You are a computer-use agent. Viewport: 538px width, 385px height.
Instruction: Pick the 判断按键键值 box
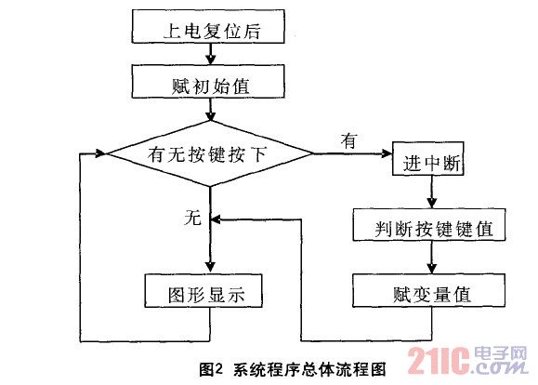pos(430,226)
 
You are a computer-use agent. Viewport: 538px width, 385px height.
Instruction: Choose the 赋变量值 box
pos(429,293)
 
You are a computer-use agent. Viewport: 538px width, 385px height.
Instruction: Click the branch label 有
pos(349,141)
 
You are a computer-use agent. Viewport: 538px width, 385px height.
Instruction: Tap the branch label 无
pos(192,219)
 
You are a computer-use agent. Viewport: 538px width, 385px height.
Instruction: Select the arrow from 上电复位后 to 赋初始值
pos(212,58)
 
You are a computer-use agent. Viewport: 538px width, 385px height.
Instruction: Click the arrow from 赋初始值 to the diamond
pos(212,113)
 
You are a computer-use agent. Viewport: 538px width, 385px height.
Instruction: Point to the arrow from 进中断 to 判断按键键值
pos(430,193)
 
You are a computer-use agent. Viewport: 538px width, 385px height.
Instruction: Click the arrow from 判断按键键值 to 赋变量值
pos(430,259)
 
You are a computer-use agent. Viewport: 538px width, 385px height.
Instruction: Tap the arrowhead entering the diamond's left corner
pos(103,154)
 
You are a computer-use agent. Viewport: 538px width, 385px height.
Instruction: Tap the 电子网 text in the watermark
pos(503,353)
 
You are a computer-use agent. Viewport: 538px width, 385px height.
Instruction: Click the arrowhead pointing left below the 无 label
pos(217,220)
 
